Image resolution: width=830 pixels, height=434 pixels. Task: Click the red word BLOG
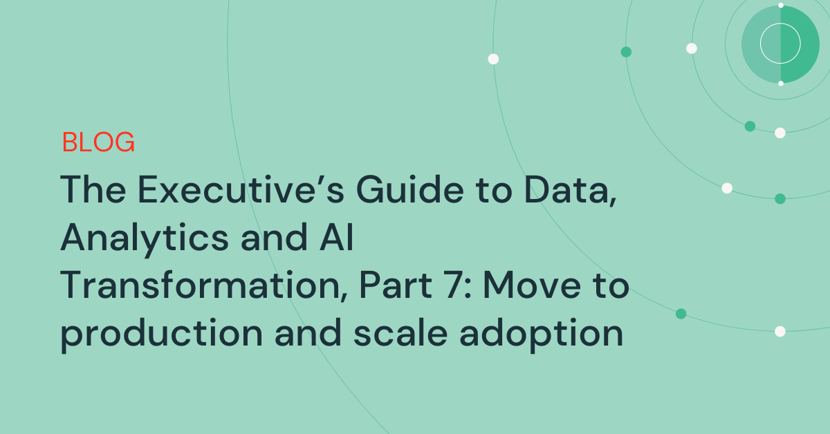pyautogui.click(x=98, y=142)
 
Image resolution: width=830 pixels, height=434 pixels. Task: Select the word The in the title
pyautogui.click(x=93, y=189)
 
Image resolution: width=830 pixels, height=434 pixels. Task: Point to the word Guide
pyautogui.click(x=409, y=189)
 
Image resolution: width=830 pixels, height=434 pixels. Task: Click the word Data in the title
pyautogui.click(x=571, y=190)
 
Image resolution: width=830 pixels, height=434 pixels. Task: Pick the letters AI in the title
pyautogui.click(x=336, y=237)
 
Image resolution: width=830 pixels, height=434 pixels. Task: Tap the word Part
pyautogui.click(x=396, y=285)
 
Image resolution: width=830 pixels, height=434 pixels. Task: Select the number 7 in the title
pyautogui.click(x=454, y=285)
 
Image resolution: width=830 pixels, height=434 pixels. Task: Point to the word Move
pyautogui.click(x=532, y=285)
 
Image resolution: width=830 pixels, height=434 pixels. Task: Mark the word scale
pyautogui.click(x=400, y=332)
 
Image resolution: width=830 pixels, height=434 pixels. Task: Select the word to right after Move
pyautogui.click(x=611, y=286)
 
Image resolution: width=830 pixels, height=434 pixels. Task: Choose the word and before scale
pyautogui.click(x=308, y=332)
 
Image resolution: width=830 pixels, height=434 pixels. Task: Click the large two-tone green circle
pyautogui.click(x=780, y=44)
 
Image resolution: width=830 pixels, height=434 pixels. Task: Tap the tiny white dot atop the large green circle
pyautogui.click(x=781, y=6)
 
